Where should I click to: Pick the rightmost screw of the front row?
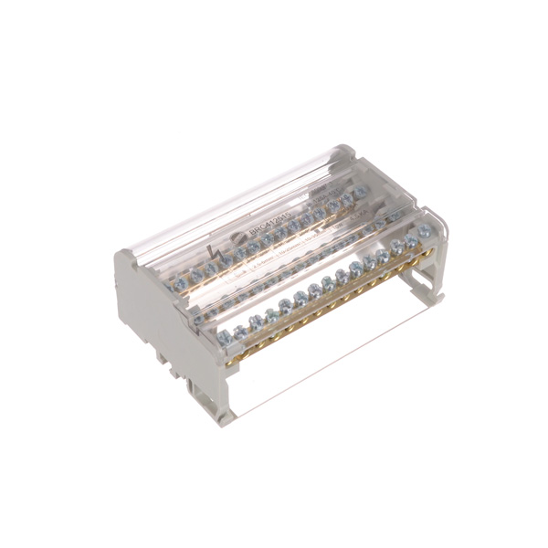click(x=425, y=231)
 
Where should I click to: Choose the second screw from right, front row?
click(x=411, y=238)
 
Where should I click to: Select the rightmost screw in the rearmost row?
click(x=363, y=192)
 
